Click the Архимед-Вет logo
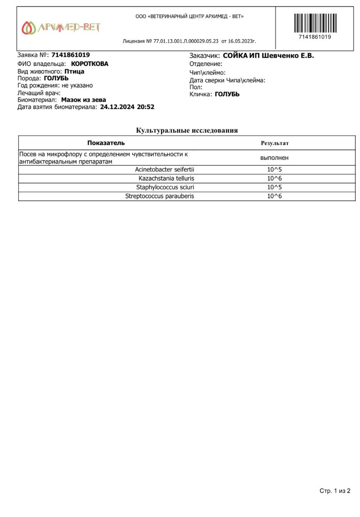coord(61,28)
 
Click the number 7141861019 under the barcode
coord(315,37)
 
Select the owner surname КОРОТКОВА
coord(90,64)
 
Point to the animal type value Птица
coord(74,71)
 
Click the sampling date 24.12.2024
coord(117,107)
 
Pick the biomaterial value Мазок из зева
coord(84,100)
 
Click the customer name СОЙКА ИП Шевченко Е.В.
coord(268,56)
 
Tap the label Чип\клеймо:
coord(207,72)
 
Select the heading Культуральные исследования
coord(187,130)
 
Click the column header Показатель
coord(106,143)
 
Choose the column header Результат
coord(275,143)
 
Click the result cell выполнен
coord(274,158)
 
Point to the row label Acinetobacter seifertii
coord(164,169)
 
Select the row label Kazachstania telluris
coord(166,178)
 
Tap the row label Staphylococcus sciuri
coord(165,187)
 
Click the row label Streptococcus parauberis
coord(160,196)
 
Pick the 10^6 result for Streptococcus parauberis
coord(274,196)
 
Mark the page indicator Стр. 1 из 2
coord(335,491)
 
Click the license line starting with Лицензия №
coord(189,41)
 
